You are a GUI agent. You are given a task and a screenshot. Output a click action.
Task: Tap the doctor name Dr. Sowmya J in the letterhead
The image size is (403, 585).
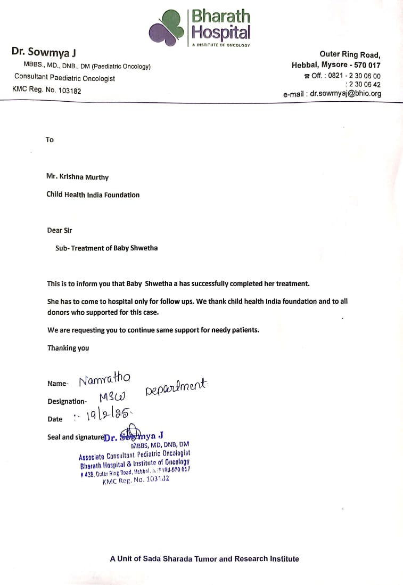coord(37,52)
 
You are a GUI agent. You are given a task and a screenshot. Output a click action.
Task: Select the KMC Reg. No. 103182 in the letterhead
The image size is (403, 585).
coord(47,91)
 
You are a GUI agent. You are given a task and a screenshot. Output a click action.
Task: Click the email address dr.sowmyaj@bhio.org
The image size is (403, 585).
coord(346,94)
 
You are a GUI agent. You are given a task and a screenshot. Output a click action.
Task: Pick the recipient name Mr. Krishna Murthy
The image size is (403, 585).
coord(78,177)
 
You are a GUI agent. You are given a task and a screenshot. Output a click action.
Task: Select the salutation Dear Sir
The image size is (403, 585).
coord(60,231)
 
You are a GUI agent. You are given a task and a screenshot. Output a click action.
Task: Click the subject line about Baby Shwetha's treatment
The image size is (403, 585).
coord(106,248)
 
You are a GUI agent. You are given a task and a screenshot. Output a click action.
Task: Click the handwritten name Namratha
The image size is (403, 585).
coord(105,380)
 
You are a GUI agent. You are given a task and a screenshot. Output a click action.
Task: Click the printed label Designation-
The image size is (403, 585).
coord(67,402)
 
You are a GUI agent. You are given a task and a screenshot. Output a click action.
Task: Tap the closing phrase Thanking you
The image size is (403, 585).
coord(68,348)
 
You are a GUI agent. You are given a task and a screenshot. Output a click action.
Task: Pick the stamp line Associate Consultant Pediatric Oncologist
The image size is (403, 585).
coord(134,454)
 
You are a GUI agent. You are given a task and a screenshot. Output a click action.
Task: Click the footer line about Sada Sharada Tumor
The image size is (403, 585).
coord(204,559)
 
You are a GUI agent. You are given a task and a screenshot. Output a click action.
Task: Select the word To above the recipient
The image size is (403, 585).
coord(50,140)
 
